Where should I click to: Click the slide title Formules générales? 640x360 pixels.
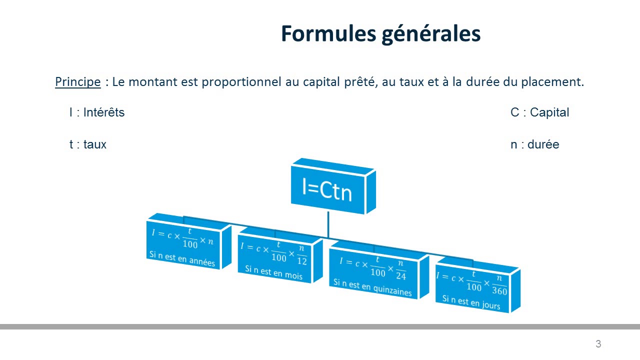[x=380, y=33]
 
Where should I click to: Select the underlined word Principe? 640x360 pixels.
[x=78, y=82]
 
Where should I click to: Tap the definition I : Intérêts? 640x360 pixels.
[x=97, y=112]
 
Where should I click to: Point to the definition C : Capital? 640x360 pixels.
[x=539, y=112]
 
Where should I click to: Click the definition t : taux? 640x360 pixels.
[x=88, y=145]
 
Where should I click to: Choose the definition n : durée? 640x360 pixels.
[x=534, y=145]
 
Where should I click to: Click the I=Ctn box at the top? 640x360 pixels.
[x=327, y=190]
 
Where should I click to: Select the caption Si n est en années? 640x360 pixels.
[x=182, y=258]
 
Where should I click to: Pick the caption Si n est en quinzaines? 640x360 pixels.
[x=372, y=287]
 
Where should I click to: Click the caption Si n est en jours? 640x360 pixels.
[x=471, y=302]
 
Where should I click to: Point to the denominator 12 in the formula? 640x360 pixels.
[x=301, y=261]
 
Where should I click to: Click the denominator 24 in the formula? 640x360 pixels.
[x=401, y=275]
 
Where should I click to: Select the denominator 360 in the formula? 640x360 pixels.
[x=499, y=291]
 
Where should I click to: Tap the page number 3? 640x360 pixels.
[x=598, y=344]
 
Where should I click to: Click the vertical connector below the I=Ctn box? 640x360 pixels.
[x=328, y=224]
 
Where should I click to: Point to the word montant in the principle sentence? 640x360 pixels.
[x=149, y=82]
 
